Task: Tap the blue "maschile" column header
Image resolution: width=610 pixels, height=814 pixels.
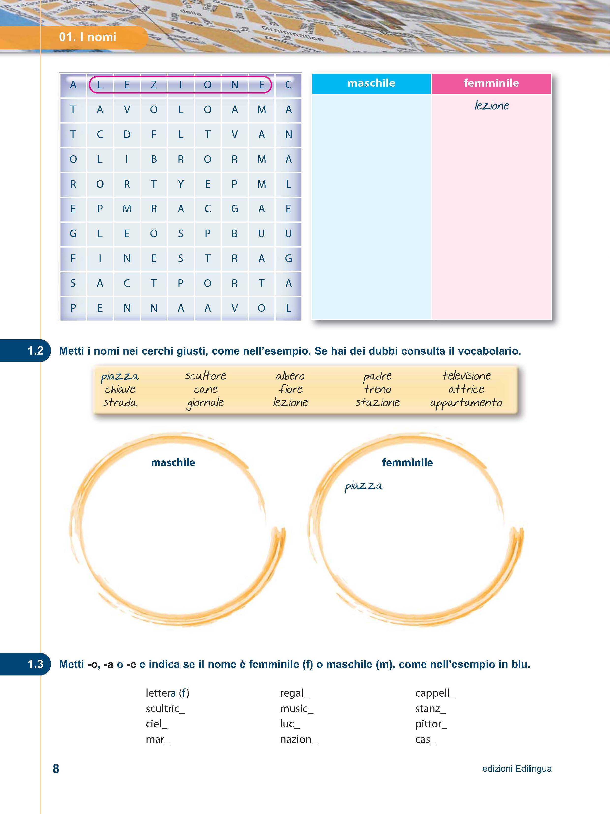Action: point(371,83)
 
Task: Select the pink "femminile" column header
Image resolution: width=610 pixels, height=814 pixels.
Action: point(491,83)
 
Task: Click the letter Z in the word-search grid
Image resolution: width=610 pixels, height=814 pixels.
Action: point(154,85)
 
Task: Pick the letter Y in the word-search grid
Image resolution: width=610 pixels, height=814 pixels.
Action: point(180,184)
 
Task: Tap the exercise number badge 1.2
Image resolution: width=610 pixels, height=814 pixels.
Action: point(35,350)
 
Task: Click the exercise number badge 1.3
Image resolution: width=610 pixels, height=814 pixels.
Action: point(35,664)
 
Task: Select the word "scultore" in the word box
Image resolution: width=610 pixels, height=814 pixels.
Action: point(206,376)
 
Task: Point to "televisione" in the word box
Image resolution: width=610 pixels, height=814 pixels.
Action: point(466,376)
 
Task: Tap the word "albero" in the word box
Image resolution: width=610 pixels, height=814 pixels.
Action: point(290,376)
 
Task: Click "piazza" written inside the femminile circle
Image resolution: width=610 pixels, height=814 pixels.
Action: point(363,486)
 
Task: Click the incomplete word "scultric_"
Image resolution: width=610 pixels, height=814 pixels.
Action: point(165,708)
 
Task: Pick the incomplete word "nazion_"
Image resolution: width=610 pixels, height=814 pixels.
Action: point(298,739)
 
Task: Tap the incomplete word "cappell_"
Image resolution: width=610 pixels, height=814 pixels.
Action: point(435,693)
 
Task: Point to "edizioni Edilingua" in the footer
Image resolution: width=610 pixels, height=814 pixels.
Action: point(517,769)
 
